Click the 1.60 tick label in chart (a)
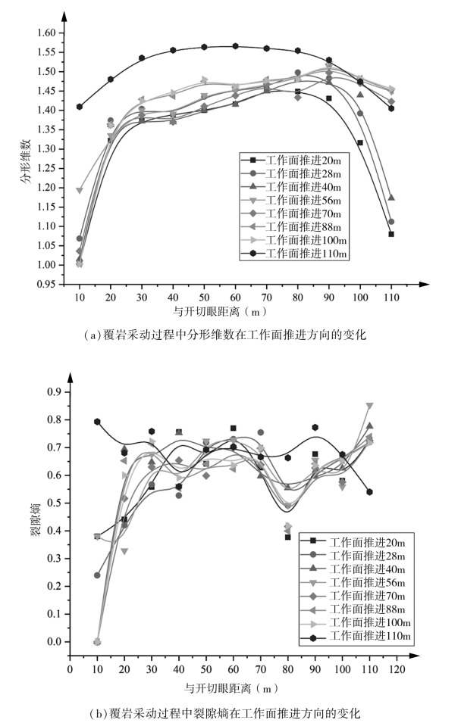(x=47, y=33)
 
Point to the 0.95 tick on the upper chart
(x=47, y=284)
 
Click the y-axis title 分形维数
(x=24, y=158)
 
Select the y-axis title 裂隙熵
(x=33, y=522)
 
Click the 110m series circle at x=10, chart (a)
(x=80, y=107)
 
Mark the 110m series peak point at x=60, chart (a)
(x=235, y=46)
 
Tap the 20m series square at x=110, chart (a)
(x=391, y=234)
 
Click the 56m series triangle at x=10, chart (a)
(x=80, y=191)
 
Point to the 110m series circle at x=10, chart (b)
(x=97, y=422)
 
